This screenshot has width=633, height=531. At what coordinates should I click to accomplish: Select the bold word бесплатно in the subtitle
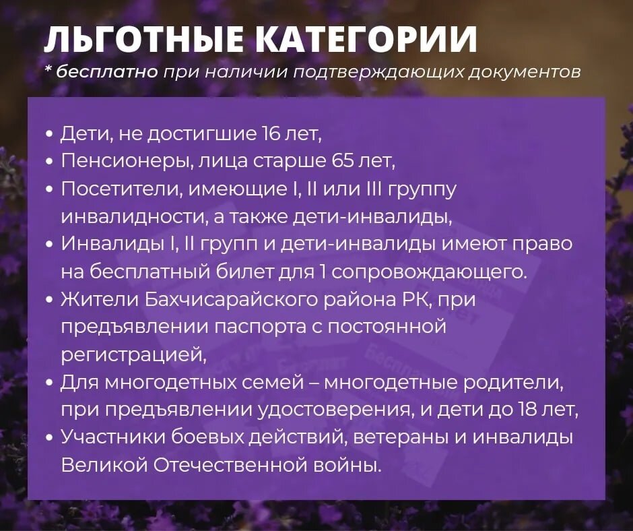(x=108, y=72)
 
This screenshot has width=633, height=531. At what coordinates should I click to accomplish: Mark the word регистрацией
(x=133, y=354)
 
